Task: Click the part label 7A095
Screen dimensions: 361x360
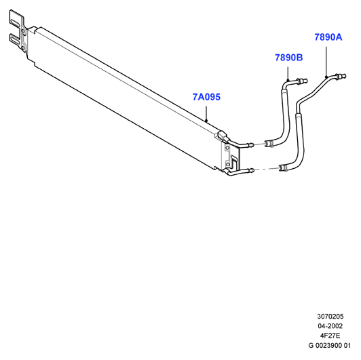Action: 206,97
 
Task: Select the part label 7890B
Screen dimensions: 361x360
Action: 289,58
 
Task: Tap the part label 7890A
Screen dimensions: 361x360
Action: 328,37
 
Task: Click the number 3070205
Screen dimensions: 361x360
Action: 330,317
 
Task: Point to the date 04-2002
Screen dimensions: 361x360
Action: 330,326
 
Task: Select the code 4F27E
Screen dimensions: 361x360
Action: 330,336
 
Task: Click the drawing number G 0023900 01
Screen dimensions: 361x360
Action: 330,346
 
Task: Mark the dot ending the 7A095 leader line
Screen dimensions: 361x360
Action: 206,120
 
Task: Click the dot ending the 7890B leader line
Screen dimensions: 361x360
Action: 288,80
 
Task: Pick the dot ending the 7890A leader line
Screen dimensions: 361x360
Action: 326,77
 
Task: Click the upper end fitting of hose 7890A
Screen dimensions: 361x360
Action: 341,76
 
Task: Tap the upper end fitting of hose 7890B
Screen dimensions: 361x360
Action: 302,81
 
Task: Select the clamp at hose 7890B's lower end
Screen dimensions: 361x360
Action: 269,144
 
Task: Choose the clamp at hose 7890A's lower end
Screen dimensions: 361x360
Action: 283,168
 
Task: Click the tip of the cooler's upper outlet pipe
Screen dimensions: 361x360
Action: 253,145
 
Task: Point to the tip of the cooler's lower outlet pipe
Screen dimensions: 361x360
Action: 253,170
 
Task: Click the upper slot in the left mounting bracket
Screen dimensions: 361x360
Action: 15,22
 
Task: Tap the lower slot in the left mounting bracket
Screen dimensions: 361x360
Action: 15,41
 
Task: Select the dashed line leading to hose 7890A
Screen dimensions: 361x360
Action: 267,169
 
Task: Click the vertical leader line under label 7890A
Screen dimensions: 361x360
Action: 326,62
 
